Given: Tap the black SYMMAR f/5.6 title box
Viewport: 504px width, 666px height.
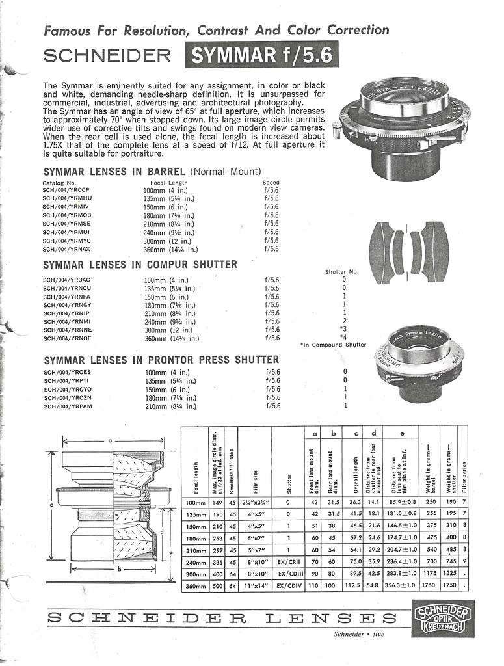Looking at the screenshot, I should click(261, 56).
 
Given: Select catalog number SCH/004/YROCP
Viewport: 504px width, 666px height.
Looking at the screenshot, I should click(66, 191).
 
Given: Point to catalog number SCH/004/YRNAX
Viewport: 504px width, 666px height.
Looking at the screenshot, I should click(67, 249).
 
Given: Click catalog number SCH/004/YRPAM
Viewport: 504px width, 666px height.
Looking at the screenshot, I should click(68, 406).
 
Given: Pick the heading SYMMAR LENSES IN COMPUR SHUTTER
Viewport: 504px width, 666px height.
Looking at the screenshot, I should click(140, 265).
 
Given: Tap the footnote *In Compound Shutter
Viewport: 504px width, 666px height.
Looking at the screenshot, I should click(333, 345).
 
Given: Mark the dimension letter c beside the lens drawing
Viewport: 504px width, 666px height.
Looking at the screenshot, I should click(50, 504).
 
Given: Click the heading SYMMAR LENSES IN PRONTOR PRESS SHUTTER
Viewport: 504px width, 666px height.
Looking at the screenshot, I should click(161, 360).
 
